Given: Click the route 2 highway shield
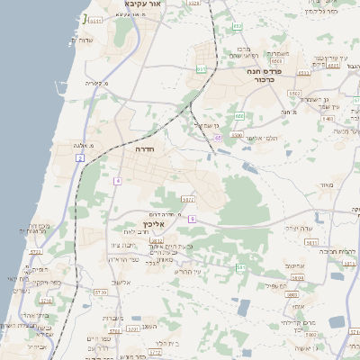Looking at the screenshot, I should tap(80, 158).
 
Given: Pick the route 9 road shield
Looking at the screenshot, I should tap(192, 219).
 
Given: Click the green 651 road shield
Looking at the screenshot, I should tap(202, 68).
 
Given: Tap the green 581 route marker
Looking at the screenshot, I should tap(239, 268).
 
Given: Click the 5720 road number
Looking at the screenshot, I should tap(100, 292).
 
